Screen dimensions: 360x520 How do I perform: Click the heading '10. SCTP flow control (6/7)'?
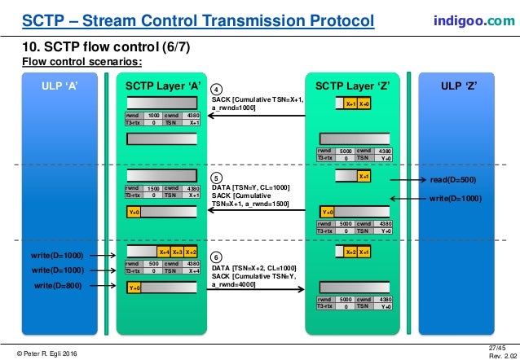click(x=106, y=46)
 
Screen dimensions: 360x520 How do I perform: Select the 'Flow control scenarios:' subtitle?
click(x=82, y=61)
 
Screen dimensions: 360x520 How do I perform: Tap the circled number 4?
click(x=216, y=89)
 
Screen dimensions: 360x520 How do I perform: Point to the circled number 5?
click(x=216, y=178)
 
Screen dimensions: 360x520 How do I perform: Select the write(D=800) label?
click(x=58, y=286)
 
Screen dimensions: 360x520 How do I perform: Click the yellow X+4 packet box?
click(x=164, y=252)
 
